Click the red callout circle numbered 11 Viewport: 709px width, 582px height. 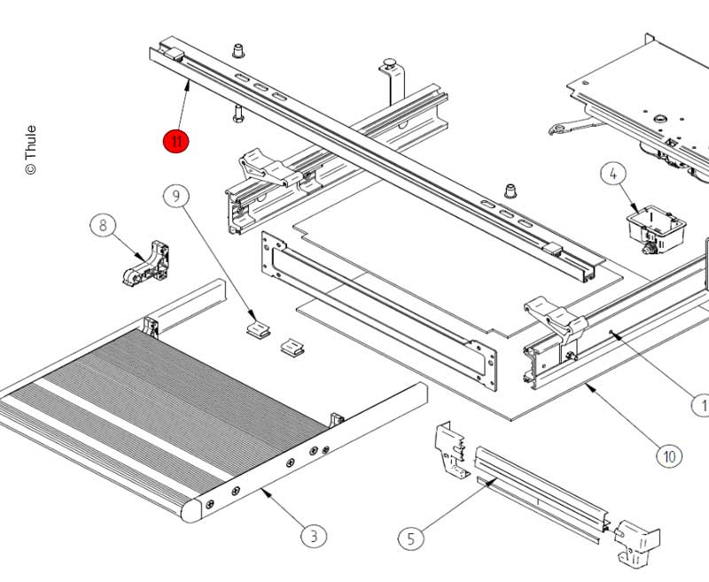(175, 141)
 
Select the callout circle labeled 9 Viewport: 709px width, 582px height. (175, 195)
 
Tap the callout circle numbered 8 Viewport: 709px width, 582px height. (103, 226)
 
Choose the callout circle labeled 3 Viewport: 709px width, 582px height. (312, 536)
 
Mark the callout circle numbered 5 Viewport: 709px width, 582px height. (409, 537)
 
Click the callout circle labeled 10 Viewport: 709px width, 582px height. (669, 456)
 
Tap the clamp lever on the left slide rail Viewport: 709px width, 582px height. (263, 167)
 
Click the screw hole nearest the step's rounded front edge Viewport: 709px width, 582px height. (209, 504)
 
